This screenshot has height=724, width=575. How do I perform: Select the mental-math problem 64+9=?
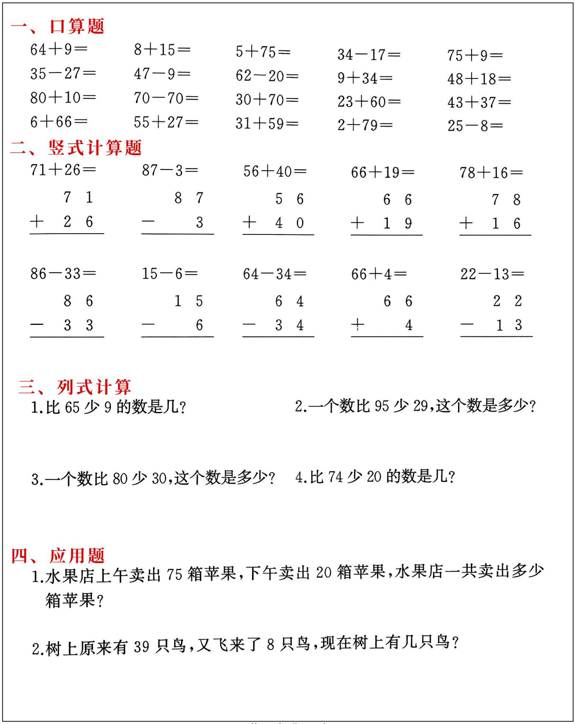59,49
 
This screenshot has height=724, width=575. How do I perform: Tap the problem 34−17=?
368,55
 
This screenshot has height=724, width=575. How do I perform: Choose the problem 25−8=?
475,126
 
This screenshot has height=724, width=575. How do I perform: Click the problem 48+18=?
479,79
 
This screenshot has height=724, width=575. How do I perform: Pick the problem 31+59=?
267,124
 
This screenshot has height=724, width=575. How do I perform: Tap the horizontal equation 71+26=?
63,170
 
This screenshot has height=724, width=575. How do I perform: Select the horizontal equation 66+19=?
383,172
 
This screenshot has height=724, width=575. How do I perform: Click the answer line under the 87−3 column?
177,234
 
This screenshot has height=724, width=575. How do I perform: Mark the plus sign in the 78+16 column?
466,223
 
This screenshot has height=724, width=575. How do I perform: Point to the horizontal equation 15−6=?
170,274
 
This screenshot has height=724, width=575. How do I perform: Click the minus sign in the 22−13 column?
467,325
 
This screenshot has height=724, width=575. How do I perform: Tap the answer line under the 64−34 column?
278,337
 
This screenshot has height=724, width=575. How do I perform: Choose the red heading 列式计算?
94,387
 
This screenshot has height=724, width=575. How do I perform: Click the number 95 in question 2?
382,406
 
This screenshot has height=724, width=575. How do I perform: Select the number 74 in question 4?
335,477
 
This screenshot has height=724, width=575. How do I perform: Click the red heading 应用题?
77,556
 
